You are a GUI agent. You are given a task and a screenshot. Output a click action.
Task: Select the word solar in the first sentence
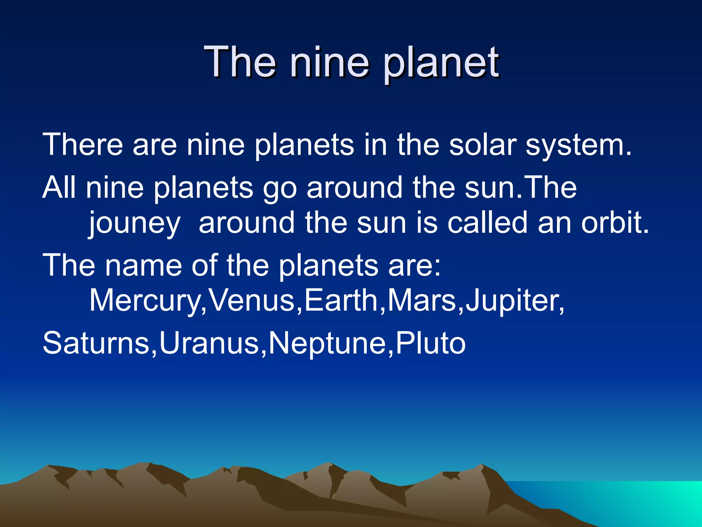483,145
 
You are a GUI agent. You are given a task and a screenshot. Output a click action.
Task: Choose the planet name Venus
252,300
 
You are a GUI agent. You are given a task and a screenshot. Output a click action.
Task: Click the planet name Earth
341,300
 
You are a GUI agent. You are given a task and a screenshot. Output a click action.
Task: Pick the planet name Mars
422,300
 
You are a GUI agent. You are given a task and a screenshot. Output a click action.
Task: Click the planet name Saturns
96,343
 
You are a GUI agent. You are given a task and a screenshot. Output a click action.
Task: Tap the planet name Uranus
209,343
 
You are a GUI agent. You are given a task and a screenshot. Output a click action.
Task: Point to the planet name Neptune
327,343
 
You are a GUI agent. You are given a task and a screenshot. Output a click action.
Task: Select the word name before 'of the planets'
143,265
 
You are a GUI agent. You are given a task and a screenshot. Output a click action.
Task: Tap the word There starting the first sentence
83,145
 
